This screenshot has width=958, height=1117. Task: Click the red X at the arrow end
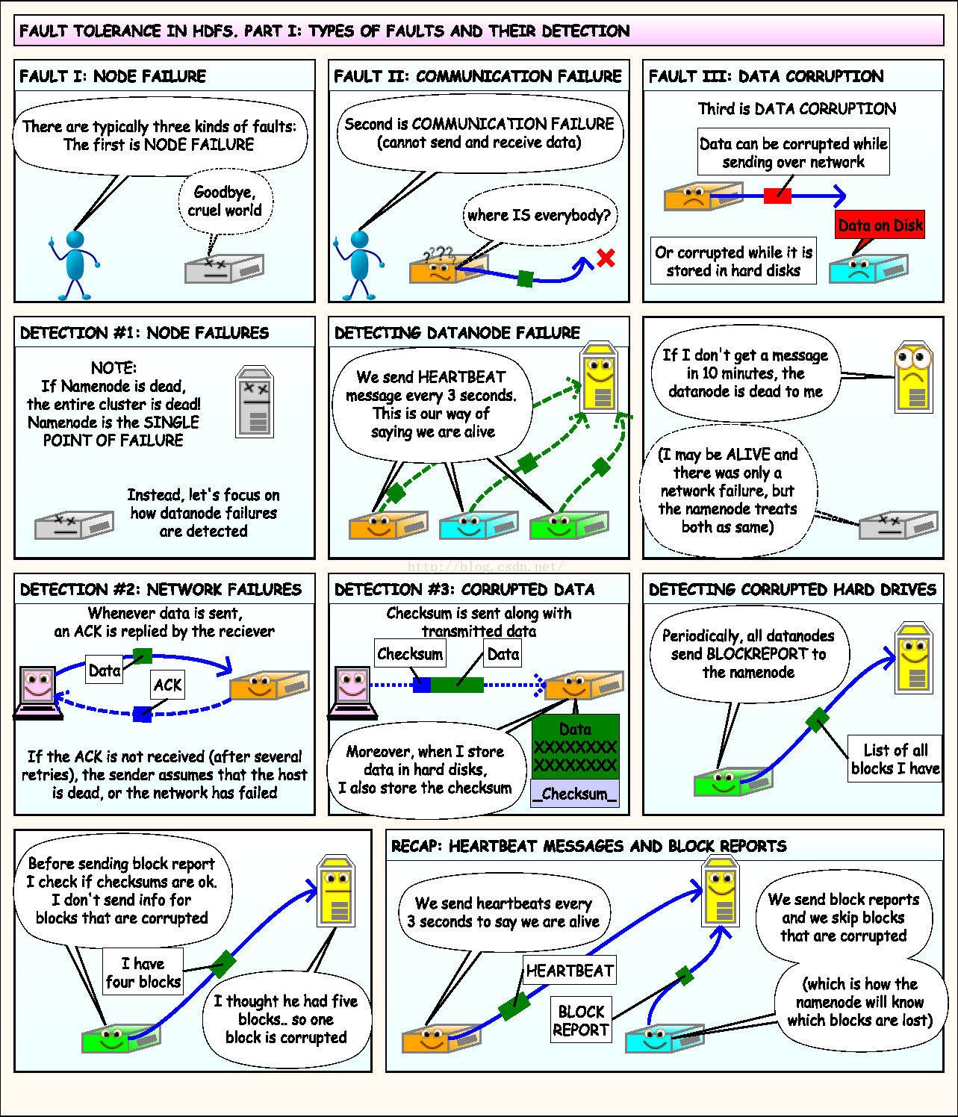[606, 258]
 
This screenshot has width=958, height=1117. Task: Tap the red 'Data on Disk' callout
[880, 225]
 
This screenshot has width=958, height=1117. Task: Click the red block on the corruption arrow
[777, 196]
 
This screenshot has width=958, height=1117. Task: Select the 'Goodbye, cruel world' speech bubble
[225, 202]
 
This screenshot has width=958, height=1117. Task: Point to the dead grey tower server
[255, 401]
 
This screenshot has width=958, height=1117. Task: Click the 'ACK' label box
[167, 685]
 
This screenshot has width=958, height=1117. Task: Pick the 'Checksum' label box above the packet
[409, 654]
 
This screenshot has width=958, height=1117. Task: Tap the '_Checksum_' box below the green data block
[575, 794]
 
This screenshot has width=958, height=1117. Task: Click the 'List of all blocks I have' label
[895, 759]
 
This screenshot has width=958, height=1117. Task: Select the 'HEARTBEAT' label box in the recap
[570, 971]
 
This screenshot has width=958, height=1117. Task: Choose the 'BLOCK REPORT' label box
[581, 1021]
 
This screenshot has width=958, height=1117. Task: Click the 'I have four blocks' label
[143, 972]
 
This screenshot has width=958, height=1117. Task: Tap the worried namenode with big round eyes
[912, 378]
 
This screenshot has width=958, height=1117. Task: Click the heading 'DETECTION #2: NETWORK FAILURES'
[161, 589]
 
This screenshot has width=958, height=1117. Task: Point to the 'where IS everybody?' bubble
[539, 216]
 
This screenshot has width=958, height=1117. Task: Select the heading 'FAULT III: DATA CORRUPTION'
[765, 76]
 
